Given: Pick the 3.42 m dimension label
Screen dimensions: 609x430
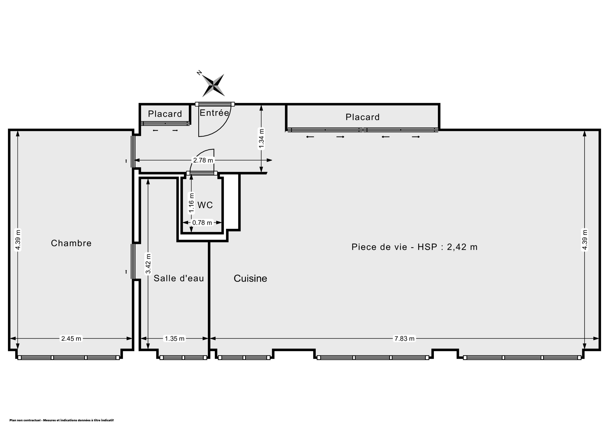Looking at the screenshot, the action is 148,264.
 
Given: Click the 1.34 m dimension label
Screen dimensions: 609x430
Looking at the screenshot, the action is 262,139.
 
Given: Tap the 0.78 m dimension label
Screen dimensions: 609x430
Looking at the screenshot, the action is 202,223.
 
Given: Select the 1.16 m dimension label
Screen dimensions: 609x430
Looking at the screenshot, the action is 191,203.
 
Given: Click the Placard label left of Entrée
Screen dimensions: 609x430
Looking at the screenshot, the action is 165,114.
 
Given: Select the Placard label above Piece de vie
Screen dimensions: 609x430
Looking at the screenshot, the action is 363,117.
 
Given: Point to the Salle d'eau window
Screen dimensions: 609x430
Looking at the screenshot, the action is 183,357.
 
